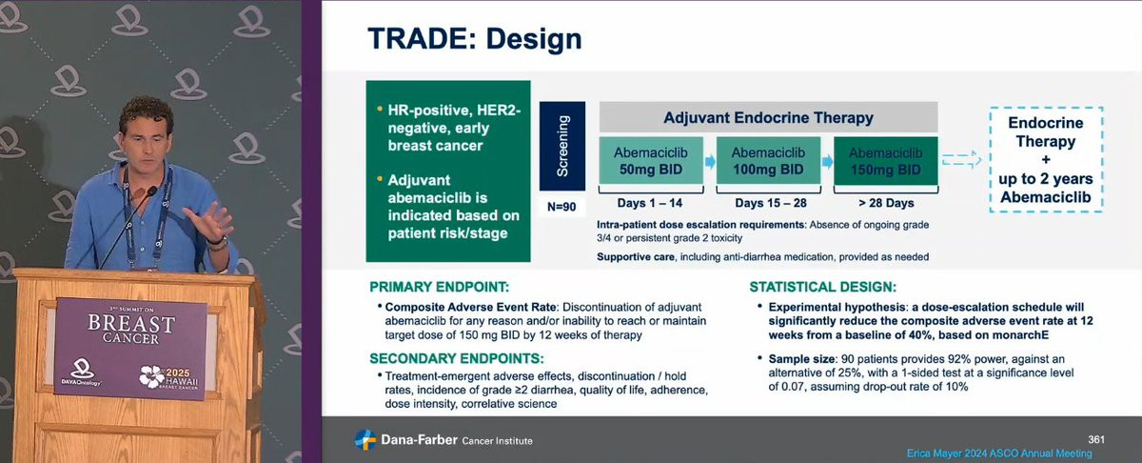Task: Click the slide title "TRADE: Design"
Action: click(475, 39)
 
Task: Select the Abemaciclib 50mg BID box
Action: click(651, 160)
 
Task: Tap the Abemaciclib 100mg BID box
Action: click(768, 160)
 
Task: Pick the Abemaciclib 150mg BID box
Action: click(886, 160)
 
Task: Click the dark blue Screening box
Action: click(562, 146)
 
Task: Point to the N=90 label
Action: click(561, 207)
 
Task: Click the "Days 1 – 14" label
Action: click(650, 203)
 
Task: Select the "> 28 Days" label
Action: click(886, 203)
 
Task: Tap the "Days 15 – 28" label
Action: click(770, 203)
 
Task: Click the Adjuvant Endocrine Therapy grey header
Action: click(768, 117)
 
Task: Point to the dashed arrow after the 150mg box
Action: click(961, 159)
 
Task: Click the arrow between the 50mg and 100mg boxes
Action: click(710, 162)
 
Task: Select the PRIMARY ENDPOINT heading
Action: click(439, 287)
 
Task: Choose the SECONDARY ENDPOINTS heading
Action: click(457, 358)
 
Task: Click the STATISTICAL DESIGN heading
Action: click(823, 287)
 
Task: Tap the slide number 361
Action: click(1096, 439)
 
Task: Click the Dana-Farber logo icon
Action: click(365, 440)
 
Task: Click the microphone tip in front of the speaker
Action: click(152, 191)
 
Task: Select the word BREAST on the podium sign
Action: click(131, 323)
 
